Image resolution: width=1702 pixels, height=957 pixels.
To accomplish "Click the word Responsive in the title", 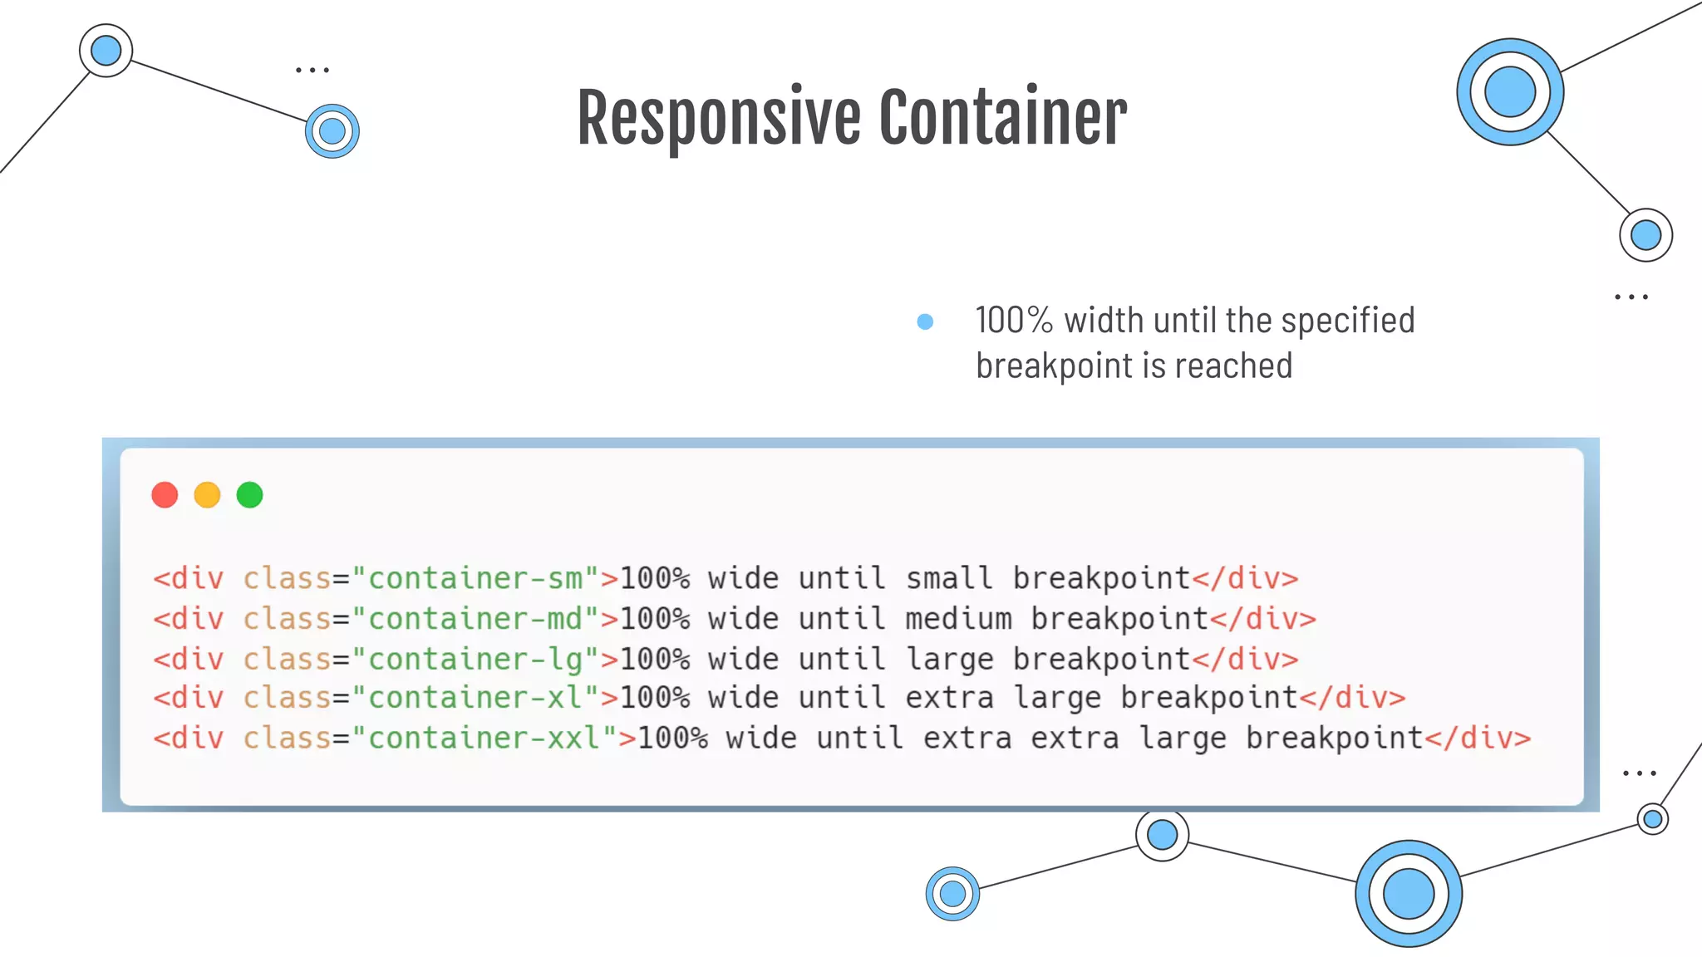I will point(718,118).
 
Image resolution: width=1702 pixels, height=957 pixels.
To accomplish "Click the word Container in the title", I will point(1002,118).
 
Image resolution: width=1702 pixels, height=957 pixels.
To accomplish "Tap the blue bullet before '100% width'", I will point(925,321).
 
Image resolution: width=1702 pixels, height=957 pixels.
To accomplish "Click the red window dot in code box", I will point(165,495).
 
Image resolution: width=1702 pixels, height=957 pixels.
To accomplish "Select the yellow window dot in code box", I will point(207,495).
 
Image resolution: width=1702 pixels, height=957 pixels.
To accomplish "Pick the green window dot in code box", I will point(249,495).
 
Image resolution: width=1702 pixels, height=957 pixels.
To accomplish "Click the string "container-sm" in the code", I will point(475,578).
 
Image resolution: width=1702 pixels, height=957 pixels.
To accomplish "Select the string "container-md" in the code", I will point(475,619).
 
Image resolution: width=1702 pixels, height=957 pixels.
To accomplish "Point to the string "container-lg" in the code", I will point(475,659).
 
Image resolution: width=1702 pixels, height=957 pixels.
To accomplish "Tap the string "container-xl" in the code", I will point(475,698).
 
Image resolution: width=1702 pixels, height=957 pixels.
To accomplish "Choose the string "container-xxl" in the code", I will point(485,738).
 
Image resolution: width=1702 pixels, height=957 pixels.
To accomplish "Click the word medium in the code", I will point(958,619).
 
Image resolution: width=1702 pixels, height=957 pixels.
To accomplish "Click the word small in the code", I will point(949,578).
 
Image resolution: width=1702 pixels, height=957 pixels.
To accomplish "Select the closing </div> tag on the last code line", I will point(1478,738).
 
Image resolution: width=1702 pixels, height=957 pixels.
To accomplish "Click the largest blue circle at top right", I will point(1510,91).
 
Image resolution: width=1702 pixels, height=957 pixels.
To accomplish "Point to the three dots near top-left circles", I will point(312,71).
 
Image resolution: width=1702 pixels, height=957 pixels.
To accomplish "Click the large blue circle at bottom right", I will point(1409,894).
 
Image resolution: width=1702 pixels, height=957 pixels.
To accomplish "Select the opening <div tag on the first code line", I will point(189,578).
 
